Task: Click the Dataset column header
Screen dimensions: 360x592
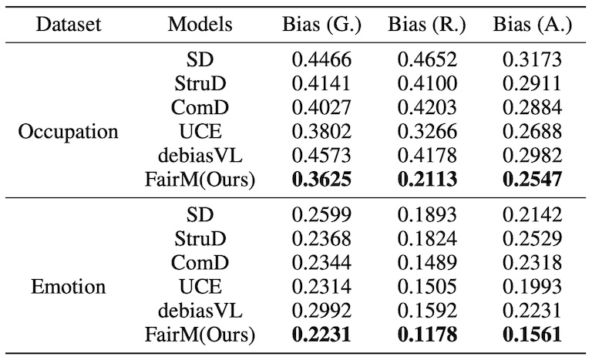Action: [70, 25]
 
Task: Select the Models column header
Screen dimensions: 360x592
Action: [200, 25]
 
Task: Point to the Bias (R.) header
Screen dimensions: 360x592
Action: [427, 25]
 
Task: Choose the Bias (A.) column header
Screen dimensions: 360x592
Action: [533, 25]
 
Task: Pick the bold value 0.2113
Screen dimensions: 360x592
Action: [427, 180]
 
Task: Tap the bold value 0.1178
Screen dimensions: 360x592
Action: [427, 335]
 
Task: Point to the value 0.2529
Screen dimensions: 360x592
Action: [533, 239]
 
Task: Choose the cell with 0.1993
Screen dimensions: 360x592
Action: [533, 288]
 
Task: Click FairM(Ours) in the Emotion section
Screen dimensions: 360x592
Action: [200, 335]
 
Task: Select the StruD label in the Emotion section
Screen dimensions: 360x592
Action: [200, 239]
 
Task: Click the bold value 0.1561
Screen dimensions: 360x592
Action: [533, 335]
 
